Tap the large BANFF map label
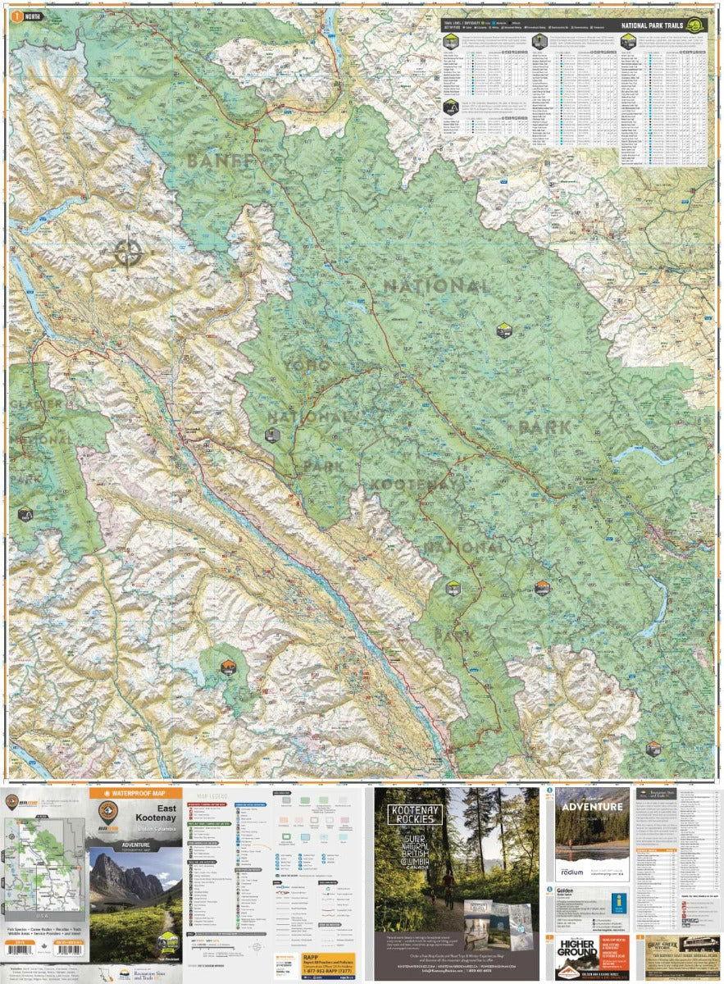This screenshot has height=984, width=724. coord(221,161)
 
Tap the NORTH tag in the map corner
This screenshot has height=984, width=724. coord(28,16)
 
